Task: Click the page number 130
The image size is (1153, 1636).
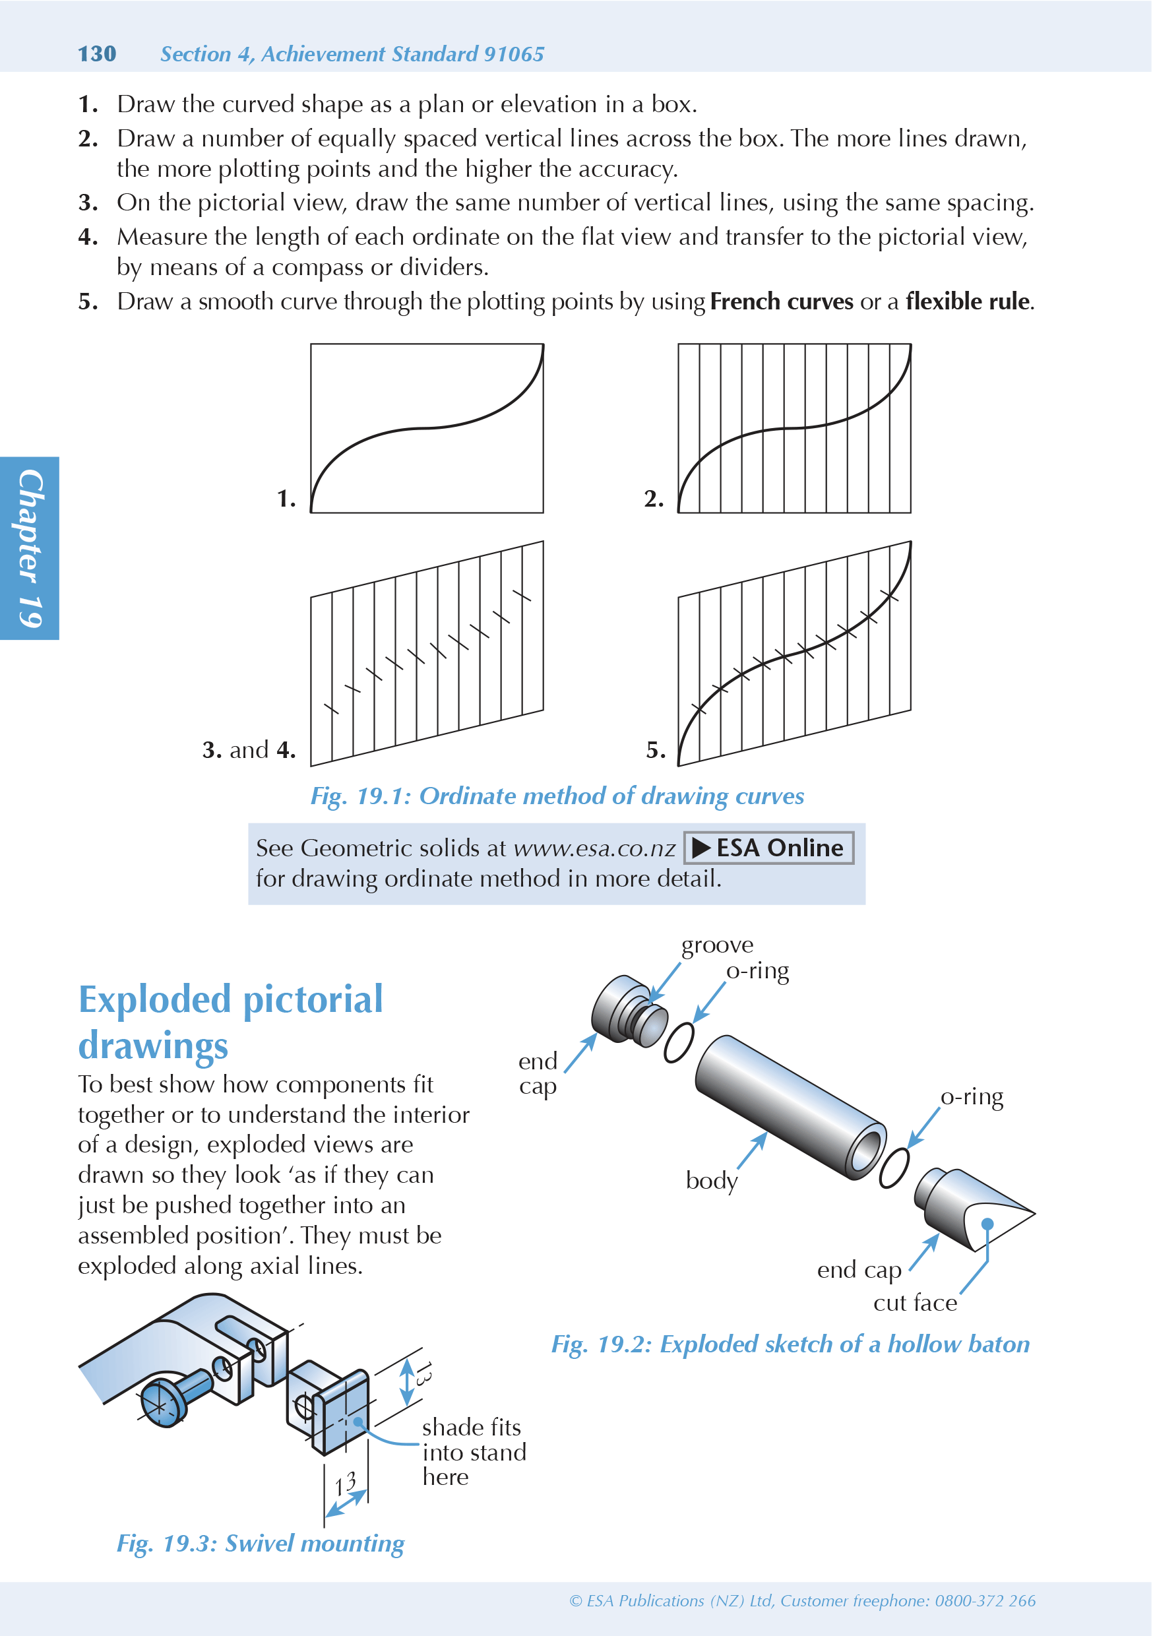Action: coord(97,53)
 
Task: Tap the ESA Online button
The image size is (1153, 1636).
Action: coord(768,848)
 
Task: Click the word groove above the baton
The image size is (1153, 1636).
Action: coord(717,945)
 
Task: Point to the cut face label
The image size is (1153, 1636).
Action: coord(915,1304)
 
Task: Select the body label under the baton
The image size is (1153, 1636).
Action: coord(711,1181)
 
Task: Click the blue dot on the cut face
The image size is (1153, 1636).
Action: coord(987,1224)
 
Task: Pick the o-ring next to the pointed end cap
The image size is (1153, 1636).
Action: coord(894,1168)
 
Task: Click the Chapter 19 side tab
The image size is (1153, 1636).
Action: coord(29,548)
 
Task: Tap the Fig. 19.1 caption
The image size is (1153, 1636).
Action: coord(557,796)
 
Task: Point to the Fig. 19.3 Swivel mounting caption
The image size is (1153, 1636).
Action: coord(260,1544)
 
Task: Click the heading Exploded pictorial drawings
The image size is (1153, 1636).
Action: coord(230,1022)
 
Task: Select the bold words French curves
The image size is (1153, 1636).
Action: coord(781,301)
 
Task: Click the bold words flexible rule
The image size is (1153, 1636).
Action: coord(968,301)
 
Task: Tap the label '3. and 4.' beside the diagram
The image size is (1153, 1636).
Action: coord(249,749)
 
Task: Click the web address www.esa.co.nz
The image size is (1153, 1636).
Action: coord(594,848)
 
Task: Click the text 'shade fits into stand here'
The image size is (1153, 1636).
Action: coord(473,1452)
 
